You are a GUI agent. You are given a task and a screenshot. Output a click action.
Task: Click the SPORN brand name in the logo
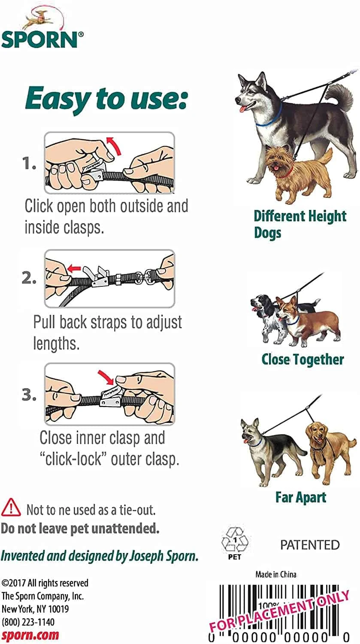[x=39, y=39]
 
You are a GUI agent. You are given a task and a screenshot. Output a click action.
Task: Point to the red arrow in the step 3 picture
[x=106, y=377]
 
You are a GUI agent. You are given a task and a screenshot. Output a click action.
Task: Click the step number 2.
[x=29, y=278]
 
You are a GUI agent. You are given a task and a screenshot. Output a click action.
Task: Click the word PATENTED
[x=310, y=545]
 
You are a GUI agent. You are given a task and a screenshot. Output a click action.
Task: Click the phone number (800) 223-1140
[x=28, y=622]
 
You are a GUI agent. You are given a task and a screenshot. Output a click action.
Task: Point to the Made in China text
[x=276, y=574]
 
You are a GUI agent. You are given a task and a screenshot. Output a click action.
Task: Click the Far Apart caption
[x=301, y=497]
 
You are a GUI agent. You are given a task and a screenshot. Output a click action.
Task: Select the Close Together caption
[x=303, y=359]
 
